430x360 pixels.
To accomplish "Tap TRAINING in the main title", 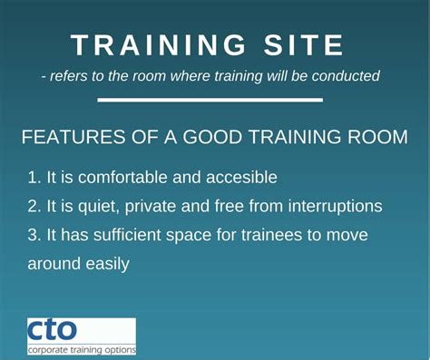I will tap(153, 45).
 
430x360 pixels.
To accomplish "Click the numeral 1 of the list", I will tap(33, 178).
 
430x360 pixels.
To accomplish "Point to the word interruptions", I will tap(333, 207).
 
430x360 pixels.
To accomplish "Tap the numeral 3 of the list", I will tap(33, 235).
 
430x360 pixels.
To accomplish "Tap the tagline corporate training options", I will tap(82, 348).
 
